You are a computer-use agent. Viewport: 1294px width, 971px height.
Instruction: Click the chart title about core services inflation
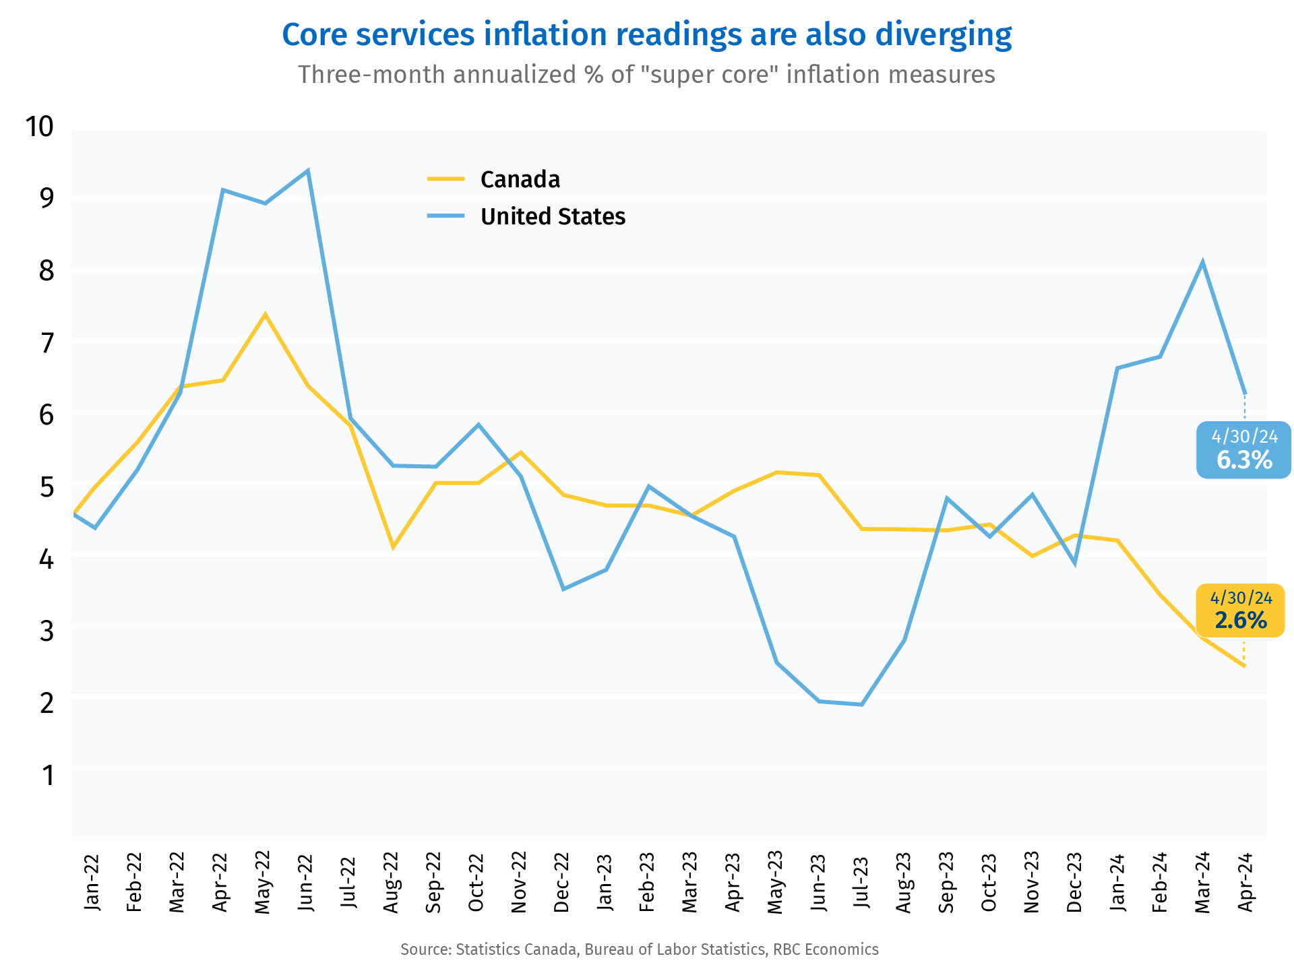[x=646, y=35]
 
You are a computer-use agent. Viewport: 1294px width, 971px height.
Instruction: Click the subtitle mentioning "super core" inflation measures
[x=646, y=75]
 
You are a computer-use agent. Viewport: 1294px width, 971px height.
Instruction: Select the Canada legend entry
[x=519, y=179]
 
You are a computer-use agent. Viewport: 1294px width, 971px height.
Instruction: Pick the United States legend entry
[x=552, y=216]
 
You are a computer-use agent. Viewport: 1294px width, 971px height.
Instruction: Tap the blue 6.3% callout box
[x=1243, y=450]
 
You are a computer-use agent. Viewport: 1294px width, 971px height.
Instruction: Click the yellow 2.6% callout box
[x=1240, y=610]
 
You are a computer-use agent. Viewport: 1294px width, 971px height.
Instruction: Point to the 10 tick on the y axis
[x=39, y=126]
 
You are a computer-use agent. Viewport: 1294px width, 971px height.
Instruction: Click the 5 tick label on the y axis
[x=47, y=487]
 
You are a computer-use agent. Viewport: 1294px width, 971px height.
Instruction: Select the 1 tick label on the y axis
[x=48, y=776]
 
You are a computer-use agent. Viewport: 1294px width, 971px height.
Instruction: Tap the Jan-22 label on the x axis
[x=92, y=883]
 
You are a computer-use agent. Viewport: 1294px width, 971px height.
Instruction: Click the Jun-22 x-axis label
[x=306, y=883]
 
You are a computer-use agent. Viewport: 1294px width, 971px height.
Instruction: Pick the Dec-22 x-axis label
[x=562, y=883]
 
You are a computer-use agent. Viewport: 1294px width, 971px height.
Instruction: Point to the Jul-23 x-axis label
[x=861, y=883]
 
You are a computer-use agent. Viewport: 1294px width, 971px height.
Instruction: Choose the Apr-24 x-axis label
[x=1245, y=883]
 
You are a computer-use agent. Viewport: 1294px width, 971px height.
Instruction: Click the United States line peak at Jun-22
[x=308, y=170]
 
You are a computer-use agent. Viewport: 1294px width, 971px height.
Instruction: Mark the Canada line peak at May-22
[x=265, y=314]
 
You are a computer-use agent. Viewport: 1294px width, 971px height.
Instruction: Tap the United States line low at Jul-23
[x=862, y=705]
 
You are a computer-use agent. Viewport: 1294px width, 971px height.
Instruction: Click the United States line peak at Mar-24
[x=1202, y=262]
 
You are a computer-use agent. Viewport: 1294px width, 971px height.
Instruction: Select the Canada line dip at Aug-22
[x=393, y=547]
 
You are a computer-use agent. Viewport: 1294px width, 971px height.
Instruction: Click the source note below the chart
[x=640, y=950]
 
